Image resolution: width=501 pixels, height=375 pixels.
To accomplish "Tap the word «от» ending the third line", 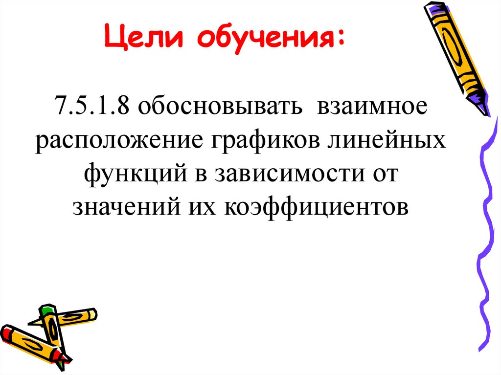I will coord(387,175).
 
